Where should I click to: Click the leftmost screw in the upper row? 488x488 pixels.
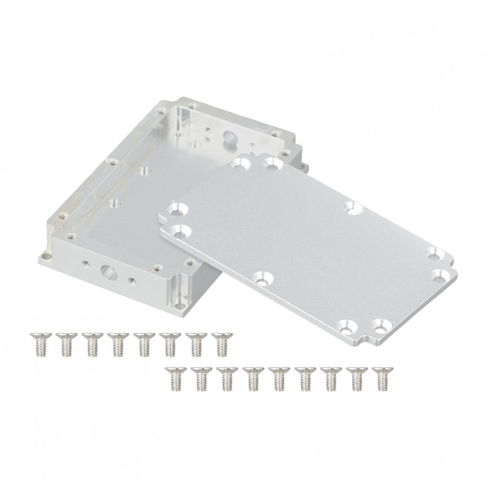[38, 344]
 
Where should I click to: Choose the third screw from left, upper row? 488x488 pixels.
[91, 344]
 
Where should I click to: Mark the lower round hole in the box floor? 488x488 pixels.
[113, 203]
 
